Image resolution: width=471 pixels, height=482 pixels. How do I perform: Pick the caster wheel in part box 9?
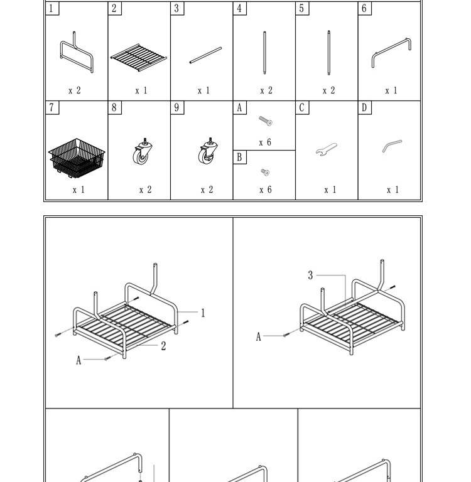coord(207,152)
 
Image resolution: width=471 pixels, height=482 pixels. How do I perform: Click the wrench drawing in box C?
coord(327,149)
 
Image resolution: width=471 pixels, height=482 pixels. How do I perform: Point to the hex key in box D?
coord(391,146)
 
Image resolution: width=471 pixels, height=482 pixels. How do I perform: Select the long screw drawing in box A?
coord(265,120)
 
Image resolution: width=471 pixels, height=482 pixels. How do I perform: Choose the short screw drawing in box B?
coord(265,172)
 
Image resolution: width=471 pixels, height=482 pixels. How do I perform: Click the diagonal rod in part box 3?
coord(205,55)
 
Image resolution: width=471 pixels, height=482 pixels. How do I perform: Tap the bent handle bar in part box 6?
coord(391,52)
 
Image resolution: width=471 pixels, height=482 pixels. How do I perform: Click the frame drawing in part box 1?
coord(77,51)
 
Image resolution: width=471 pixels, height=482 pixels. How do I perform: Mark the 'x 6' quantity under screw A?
coord(265,142)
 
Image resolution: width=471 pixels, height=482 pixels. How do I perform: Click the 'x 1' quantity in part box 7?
coord(78,190)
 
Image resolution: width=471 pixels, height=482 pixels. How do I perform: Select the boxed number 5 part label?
coord(302,8)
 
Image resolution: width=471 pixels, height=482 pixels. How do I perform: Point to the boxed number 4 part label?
coord(239,8)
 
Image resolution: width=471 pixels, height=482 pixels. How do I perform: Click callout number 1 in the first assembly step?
coord(203,313)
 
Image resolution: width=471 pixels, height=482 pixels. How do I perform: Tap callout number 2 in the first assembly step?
coord(163,346)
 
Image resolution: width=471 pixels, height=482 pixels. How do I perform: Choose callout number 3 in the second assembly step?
coord(310,275)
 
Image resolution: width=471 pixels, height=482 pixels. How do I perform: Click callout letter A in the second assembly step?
coord(258,337)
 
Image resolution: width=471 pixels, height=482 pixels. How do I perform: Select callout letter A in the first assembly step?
coord(78,360)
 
